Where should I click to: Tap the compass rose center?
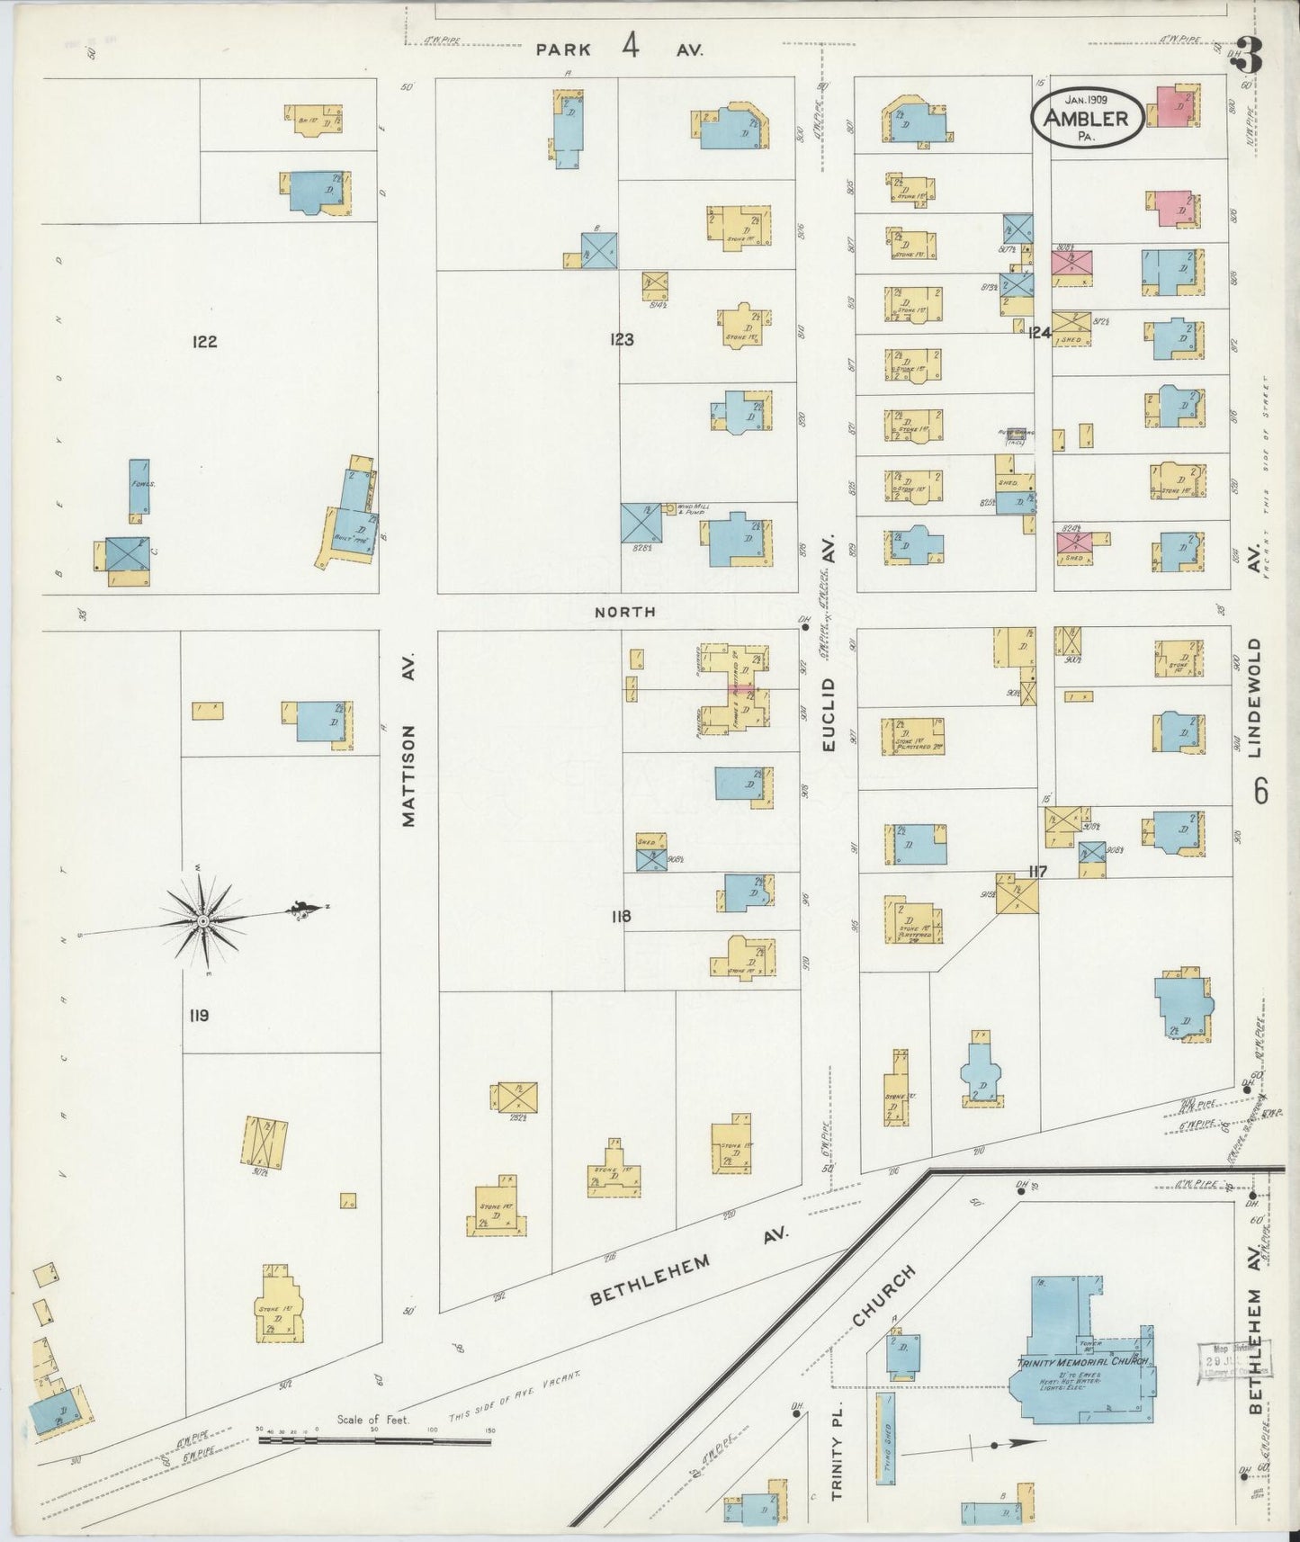[x=202, y=921]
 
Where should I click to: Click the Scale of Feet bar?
[x=375, y=1440]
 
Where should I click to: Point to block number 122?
[x=204, y=341]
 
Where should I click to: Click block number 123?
[x=621, y=339]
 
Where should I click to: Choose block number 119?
[x=199, y=1015]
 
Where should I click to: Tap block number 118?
[x=620, y=917]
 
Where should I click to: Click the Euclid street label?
[x=829, y=714]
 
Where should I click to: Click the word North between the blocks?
[x=625, y=612]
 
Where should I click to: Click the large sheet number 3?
[x=1252, y=56]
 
